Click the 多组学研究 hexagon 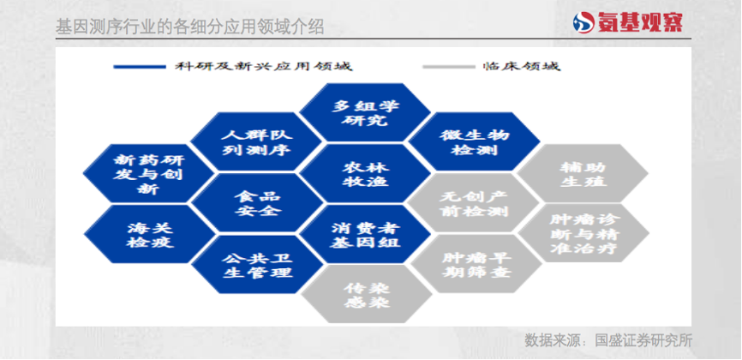(365, 112)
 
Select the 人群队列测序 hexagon (256, 141)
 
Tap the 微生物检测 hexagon (474, 141)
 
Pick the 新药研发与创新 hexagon (148, 173)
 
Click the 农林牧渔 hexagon (365, 173)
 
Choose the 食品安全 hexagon (257, 203)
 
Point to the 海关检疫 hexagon (150, 235)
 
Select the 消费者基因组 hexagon (365, 235)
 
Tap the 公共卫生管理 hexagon (257, 264)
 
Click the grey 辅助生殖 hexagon (583, 173)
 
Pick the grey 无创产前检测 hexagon (474, 203)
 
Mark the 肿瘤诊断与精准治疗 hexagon (584, 233)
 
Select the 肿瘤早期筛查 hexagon (476, 263)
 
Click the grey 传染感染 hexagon (366, 294)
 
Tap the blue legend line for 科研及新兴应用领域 (140, 67)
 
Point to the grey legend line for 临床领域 (449, 67)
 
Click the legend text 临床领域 (522, 66)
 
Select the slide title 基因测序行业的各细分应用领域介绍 (189, 27)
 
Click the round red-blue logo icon (583, 22)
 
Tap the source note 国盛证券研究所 (643, 340)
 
